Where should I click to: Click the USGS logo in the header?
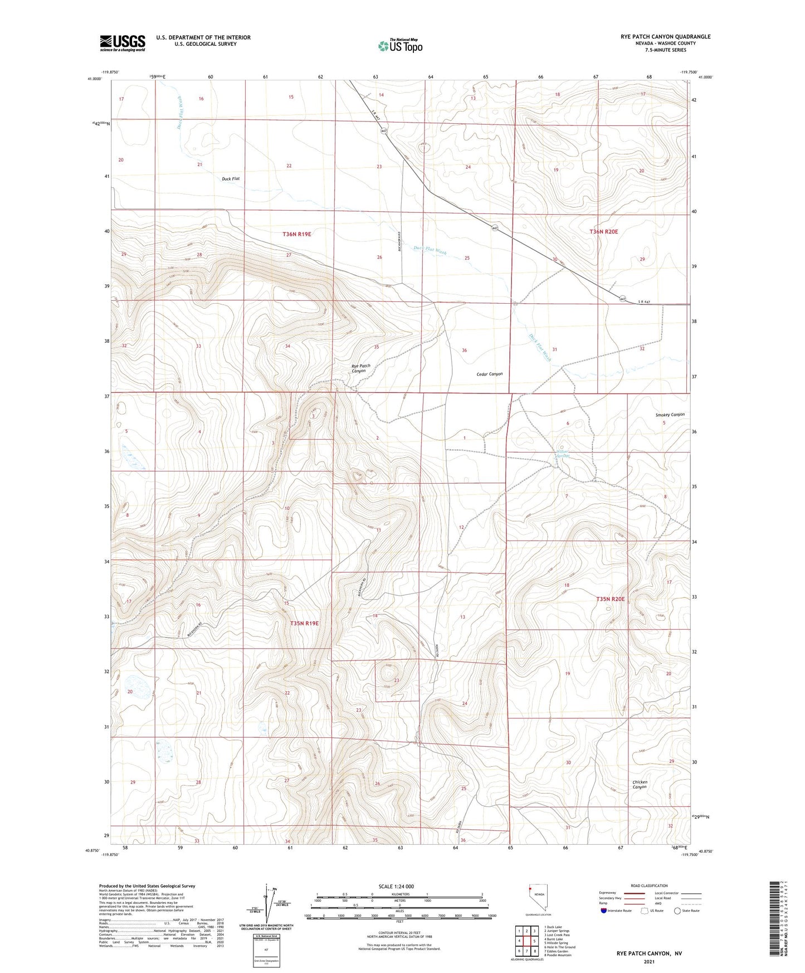(x=123, y=43)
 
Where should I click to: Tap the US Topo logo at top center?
(x=400, y=46)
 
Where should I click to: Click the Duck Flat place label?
(x=230, y=179)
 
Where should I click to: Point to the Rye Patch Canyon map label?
(x=360, y=368)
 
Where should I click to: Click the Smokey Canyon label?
(x=670, y=415)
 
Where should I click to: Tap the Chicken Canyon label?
(x=640, y=784)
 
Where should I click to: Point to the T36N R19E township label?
(x=296, y=235)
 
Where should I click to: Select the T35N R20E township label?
(x=610, y=599)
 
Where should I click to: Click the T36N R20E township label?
(x=604, y=231)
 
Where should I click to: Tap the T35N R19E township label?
(x=304, y=623)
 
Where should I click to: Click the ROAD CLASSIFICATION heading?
(x=649, y=886)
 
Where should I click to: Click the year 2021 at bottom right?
(x=649, y=961)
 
